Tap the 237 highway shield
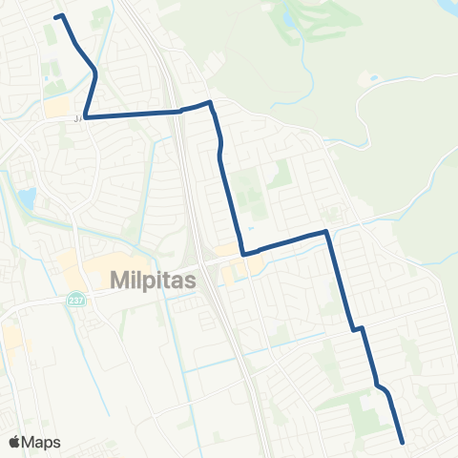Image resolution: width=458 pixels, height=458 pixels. pyautogui.click(x=73, y=300)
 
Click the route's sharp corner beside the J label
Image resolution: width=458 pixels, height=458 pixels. pyautogui.click(x=85, y=116)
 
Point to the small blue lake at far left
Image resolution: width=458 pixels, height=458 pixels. pyautogui.click(x=26, y=198)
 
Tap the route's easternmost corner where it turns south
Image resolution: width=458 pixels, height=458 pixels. pyautogui.click(x=326, y=231)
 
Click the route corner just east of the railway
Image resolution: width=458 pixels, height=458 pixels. pyautogui.click(x=209, y=102)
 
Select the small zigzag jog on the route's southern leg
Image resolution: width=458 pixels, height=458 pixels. pyautogui.click(x=359, y=329)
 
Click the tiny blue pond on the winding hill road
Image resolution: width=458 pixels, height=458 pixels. pyautogui.click(x=373, y=78)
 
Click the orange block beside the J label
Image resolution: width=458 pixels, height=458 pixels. pyautogui.click(x=57, y=106)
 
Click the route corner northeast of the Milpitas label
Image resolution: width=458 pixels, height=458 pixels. pyautogui.click(x=244, y=254)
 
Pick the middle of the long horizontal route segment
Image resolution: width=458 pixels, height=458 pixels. pyautogui.click(x=134, y=114)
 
